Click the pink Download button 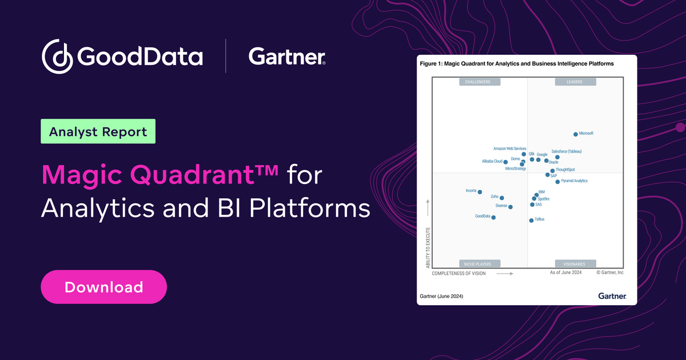click(103, 287)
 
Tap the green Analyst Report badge click(98, 131)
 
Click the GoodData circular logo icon click(57, 57)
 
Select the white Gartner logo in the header click(287, 57)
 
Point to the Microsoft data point click(576, 134)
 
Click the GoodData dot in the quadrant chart click(493, 217)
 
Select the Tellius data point click(531, 220)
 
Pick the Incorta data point click(480, 192)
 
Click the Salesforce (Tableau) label click(566, 151)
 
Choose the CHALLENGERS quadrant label click(479, 82)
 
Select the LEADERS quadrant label click(575, 82)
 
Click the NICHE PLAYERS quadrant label click(479, 263)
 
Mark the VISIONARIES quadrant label click(575, 263)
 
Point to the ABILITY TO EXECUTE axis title click(428, 248)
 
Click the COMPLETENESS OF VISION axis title click(458, 274)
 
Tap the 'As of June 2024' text click(566, 273)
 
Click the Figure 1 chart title click(517, 64)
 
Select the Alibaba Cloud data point click(505, 162)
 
